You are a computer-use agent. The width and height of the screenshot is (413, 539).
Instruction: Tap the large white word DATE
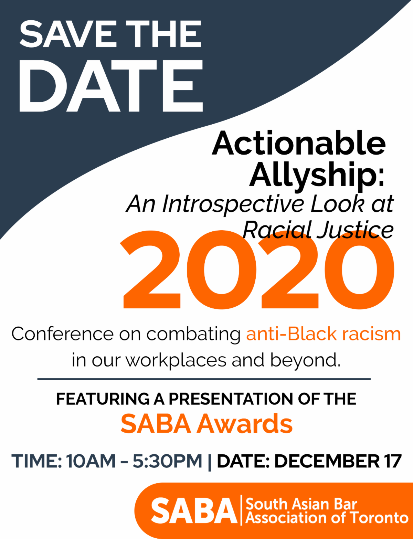[111, 86]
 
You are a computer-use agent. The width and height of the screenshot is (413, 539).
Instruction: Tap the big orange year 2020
[258, 269]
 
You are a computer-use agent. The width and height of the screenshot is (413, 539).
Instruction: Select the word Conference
[63, 334]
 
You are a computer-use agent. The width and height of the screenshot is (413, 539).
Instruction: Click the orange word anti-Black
[292, 334]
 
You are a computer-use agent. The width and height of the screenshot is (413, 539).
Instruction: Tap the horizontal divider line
[204, 379]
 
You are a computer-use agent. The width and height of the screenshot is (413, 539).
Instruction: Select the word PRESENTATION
[231, 399]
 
